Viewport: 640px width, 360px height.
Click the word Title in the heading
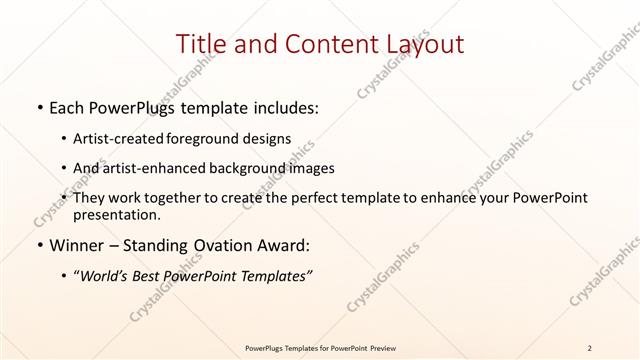(x=200, y=44)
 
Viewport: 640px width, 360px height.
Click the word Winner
(x=77, y=246)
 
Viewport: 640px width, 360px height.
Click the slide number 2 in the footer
(x=589, y=348)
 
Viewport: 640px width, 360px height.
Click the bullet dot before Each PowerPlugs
(x=39, y=108)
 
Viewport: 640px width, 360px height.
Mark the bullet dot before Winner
(x=39, y=246)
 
